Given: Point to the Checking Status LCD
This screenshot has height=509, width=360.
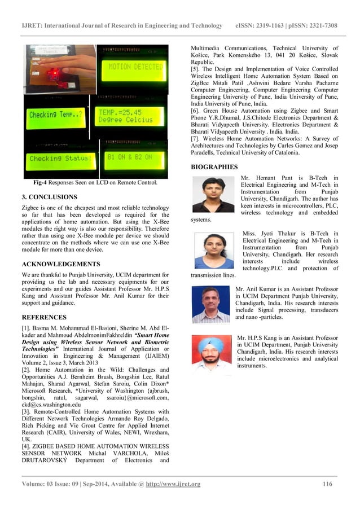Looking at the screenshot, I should (x=59, y=159).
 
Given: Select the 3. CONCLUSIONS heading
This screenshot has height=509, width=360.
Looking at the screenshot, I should (x=49, y=198).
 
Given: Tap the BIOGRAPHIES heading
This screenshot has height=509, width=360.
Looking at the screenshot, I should (x=214, y=167).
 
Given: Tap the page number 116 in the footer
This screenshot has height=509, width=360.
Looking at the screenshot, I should (x=328, y=484).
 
